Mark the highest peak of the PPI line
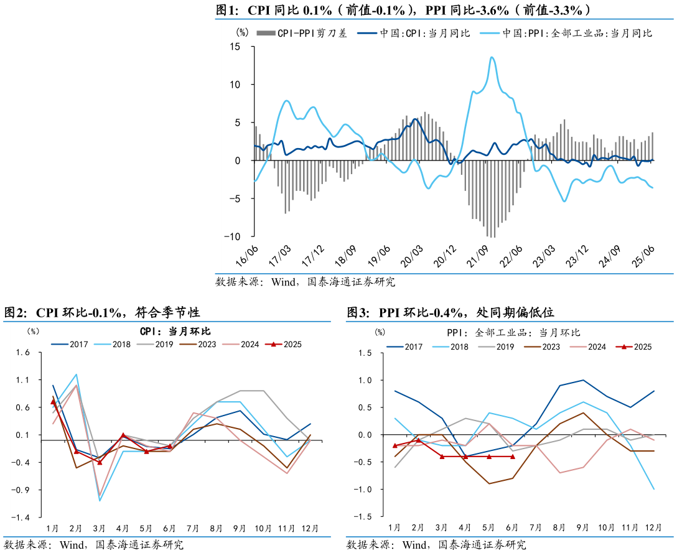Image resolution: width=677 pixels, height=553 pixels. click(x=492, y=57)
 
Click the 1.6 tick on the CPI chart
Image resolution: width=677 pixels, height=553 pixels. click(x=23, y=353)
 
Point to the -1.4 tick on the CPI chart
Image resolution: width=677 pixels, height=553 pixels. click(x=23, y=517)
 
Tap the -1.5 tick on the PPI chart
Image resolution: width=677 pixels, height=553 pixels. click(x=363, y=517)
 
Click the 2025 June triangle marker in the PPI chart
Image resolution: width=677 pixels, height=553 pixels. click(x=513, y=457)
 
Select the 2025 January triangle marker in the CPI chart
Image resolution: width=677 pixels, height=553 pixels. click(x=53, y=402)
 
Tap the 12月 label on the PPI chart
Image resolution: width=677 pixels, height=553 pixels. click(x=653, y=527)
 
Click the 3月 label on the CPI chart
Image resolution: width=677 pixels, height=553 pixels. click(x=100, y=528)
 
